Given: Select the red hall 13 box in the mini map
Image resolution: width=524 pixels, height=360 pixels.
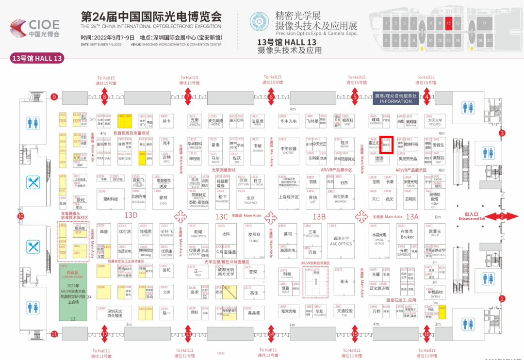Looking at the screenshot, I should click(448, 22).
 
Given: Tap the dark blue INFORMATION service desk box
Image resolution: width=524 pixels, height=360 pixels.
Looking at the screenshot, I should click(395, 98).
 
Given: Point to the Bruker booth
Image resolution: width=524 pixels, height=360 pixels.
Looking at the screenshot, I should click(407, 235).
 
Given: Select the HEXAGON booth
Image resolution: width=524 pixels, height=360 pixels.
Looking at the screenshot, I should click(341, 199).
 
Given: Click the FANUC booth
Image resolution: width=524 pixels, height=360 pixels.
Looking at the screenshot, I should click(254, 238).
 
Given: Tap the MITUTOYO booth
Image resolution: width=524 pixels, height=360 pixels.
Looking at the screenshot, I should click(312, 234).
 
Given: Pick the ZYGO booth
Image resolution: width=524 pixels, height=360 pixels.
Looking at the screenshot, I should click(163, 198).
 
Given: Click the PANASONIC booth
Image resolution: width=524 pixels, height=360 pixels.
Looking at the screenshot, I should click(222, 198).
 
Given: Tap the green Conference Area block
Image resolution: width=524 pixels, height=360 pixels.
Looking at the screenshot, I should click(73, 291).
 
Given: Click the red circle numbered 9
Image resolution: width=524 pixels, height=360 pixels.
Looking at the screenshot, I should click(54, 97).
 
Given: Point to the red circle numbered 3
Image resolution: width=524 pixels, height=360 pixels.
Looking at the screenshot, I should click(502, 133).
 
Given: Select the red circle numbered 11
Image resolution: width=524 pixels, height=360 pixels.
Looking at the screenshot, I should click(54, 334).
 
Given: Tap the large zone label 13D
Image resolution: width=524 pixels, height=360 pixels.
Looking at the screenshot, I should click(131, 215).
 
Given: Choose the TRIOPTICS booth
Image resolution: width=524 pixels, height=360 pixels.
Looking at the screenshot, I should click(250, 199).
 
